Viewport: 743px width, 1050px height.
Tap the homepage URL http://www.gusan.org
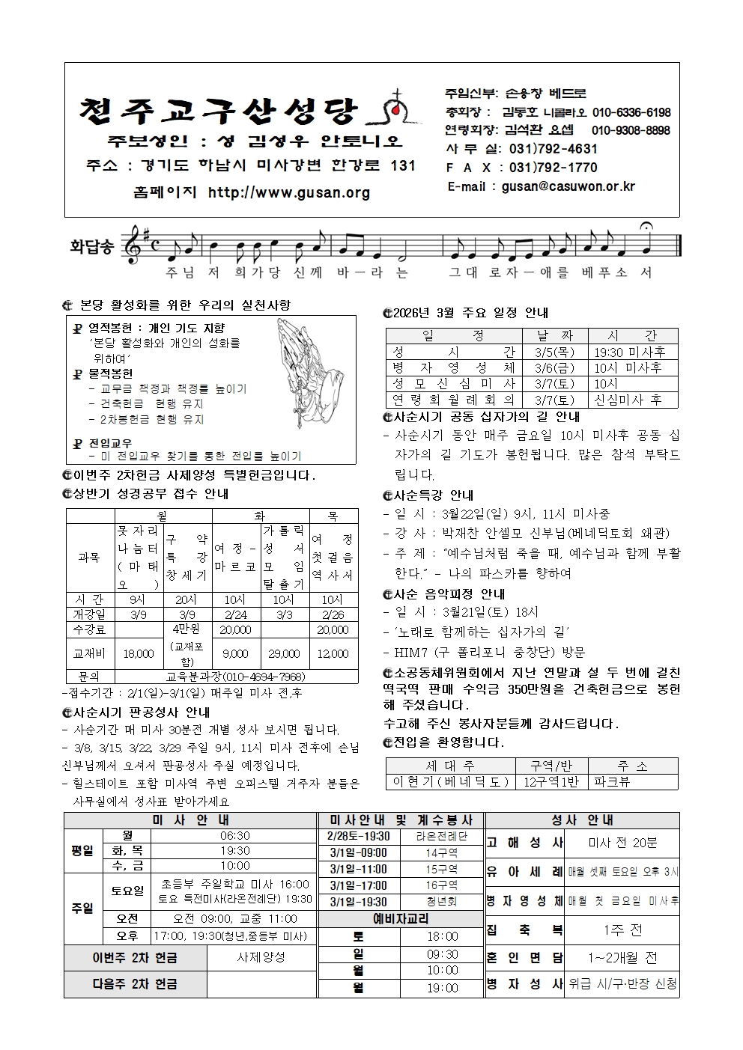[289, 193]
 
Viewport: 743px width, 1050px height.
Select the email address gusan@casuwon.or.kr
[568, 186]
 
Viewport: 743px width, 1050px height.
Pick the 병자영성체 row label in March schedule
[454, 367]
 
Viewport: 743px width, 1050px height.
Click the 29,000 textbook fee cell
[284, 653]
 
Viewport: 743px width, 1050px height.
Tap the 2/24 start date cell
[237, 614]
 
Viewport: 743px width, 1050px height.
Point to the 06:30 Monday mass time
[235, 836]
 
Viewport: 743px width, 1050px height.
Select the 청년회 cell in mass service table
[441, 903]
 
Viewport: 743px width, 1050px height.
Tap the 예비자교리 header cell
[401, 919]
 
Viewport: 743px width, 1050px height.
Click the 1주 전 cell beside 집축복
[622, 930]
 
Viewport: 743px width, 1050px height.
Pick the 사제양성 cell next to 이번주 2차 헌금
[261, 957]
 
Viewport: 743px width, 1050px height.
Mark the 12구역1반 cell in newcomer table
[551, 781]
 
